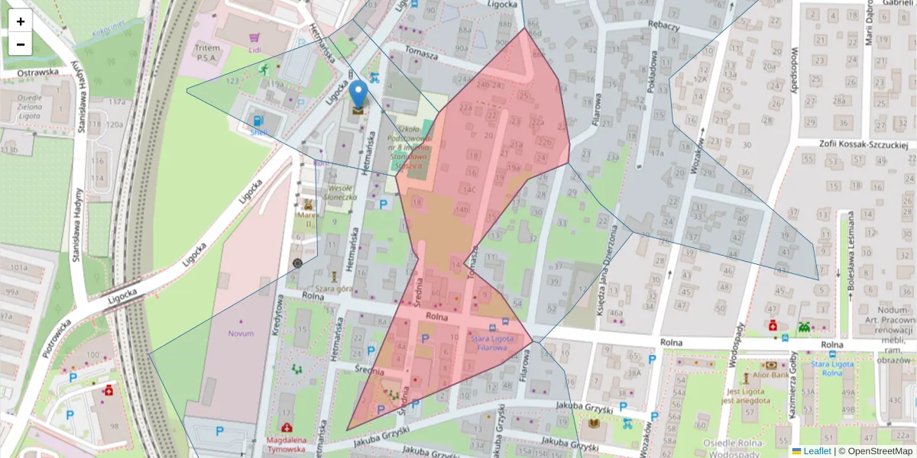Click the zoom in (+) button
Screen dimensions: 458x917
pyautogui.click(x=21, y=21)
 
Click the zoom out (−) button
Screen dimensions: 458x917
pyautogui.click(x=21, y=44)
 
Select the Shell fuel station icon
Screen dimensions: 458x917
pyautogui.click(x=258, y=121)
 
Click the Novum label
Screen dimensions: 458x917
pyautogui.click(x=241, y=334)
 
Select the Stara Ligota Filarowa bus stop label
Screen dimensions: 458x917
pyautogui.click(x=488, y=343)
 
